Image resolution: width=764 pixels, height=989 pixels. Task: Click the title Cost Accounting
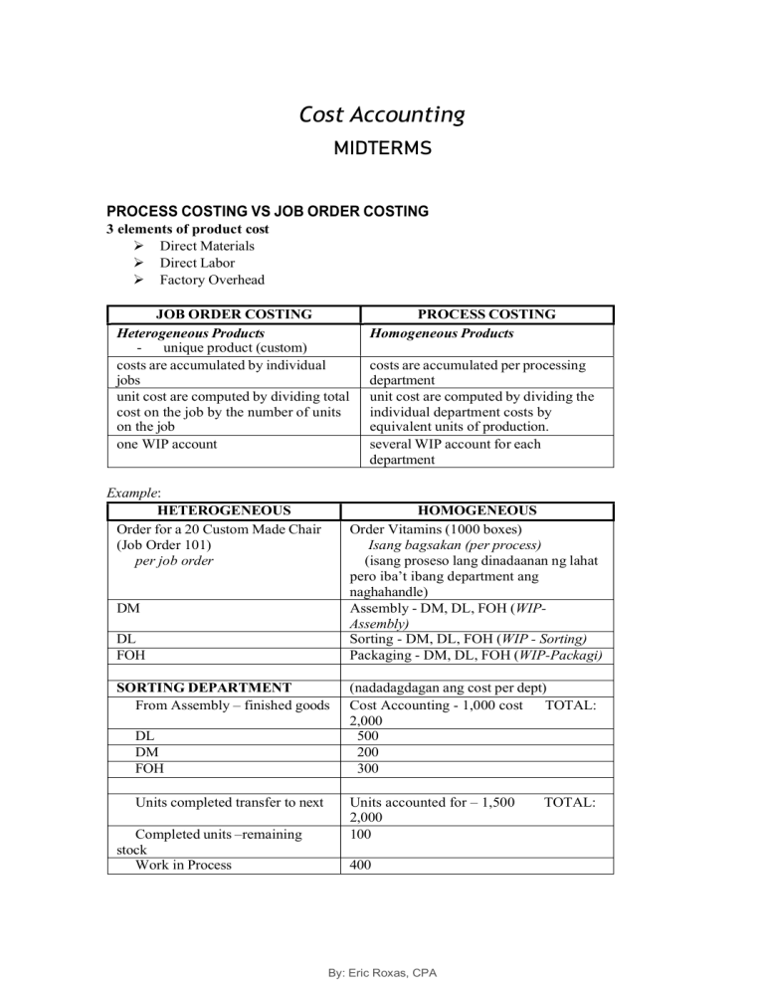click(x=381, y=115)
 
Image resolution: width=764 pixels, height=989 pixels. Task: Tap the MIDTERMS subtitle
click(x=381, y=149)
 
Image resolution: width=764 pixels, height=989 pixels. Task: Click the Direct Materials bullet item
click(x=207, y=246)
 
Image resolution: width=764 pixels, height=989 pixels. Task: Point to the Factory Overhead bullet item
click(x=212, y=281)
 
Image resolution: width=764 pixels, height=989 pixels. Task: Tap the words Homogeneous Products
click(x=442, y=333)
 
